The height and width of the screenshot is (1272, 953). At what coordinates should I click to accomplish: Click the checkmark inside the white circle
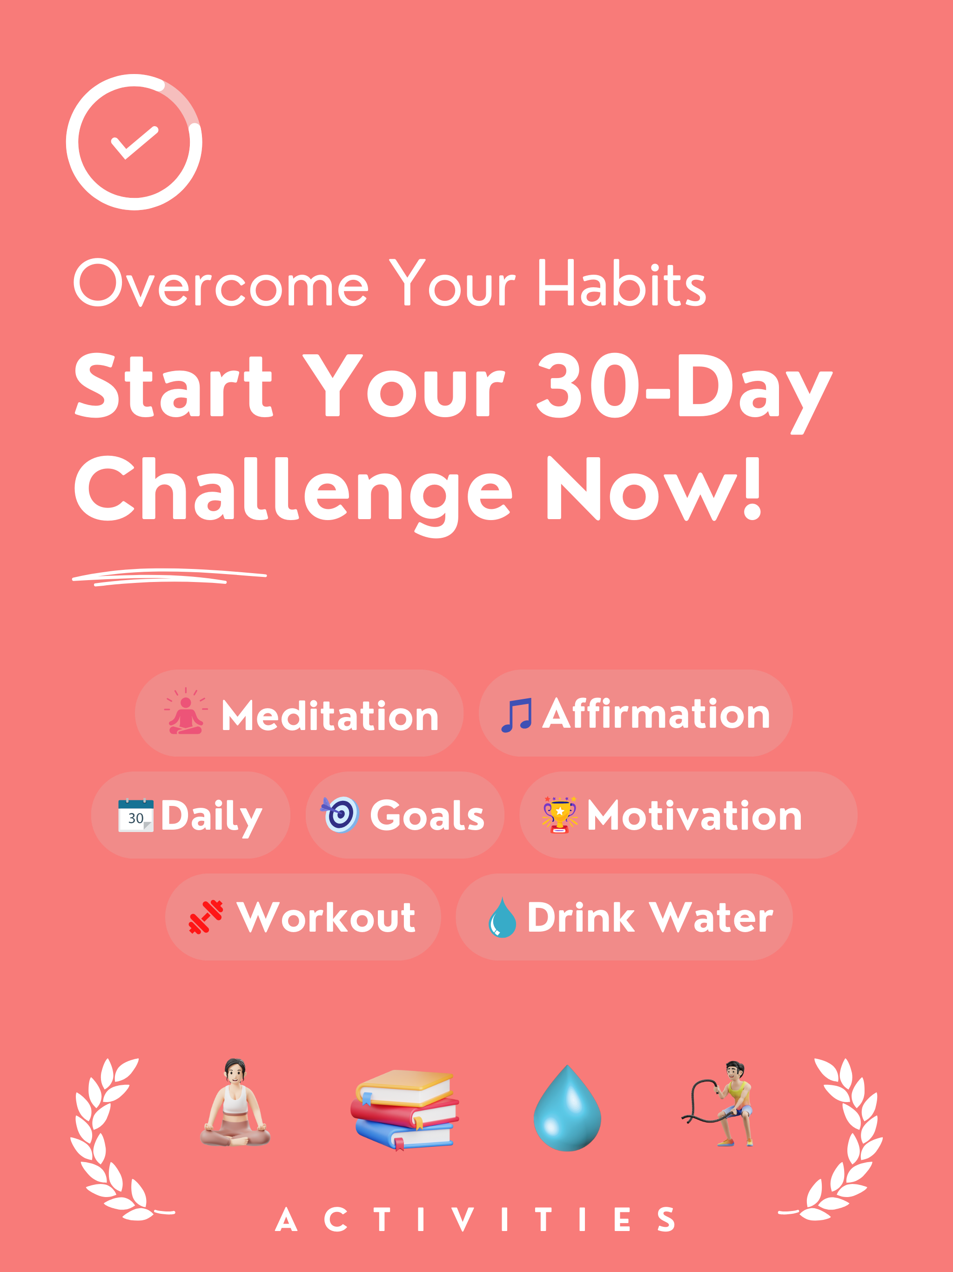[x=134, y=142]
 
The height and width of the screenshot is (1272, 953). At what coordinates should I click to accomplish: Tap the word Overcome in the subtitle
[x=221, y=283]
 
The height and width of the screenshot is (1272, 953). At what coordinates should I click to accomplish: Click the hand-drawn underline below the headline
[x=169, y=576]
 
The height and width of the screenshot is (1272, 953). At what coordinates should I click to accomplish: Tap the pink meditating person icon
[x=185, y=711]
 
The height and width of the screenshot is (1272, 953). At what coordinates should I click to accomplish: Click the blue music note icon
[x=516, y=715]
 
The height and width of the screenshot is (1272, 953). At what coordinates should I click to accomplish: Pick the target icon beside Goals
[x=340, y=814]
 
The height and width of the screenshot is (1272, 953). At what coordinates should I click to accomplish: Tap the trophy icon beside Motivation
[x=560, y=815]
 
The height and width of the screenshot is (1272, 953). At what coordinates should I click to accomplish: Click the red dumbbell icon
[x=206, y=917]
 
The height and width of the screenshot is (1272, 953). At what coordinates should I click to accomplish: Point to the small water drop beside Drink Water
[x=502, y=918]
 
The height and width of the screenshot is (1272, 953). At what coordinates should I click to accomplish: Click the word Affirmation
[x=656, y=714]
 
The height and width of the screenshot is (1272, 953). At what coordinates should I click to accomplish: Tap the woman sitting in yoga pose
[x=235, y=1103]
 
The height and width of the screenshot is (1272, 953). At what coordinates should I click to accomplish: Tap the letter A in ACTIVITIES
[x=286, y=1220]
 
